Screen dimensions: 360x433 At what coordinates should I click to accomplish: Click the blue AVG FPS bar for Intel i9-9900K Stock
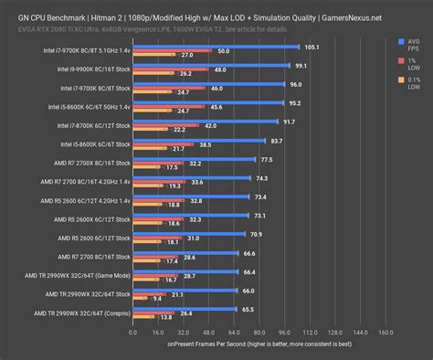[x=210, y=66]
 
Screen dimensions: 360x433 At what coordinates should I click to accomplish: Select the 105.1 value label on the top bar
[x=338, y=47]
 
